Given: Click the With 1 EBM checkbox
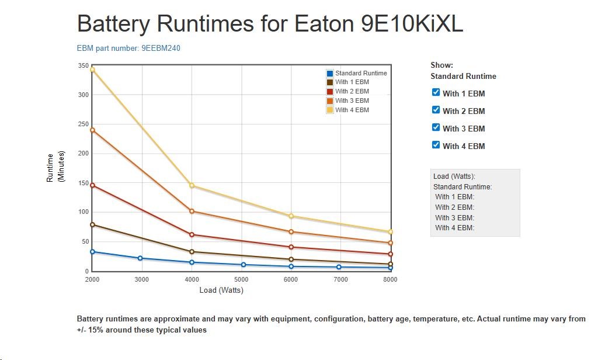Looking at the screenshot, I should coord(436,92).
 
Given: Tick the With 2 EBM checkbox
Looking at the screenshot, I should coord(436,110).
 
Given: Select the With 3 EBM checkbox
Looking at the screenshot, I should coord(436,127).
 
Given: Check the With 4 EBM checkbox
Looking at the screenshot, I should coord(436,145).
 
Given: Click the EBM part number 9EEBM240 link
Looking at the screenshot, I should coord(128,48).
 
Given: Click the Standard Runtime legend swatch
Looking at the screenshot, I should coord(330,73).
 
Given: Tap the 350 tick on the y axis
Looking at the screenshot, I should coord(82,65).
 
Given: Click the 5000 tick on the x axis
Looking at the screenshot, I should coord(241,279).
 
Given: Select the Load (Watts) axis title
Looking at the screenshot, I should coord(221,290).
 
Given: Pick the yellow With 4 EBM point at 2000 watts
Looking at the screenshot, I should coord(92,70).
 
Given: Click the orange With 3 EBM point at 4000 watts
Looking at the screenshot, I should coord(192,211).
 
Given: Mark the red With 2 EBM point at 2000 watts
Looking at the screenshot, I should coord(92,185).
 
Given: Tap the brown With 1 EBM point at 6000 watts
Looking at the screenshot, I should coord(291,259).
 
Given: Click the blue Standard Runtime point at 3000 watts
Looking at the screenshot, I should coord(140,258).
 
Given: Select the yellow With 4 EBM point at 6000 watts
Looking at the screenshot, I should coord(291,216).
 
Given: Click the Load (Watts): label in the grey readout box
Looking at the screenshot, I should coord(454,176).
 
